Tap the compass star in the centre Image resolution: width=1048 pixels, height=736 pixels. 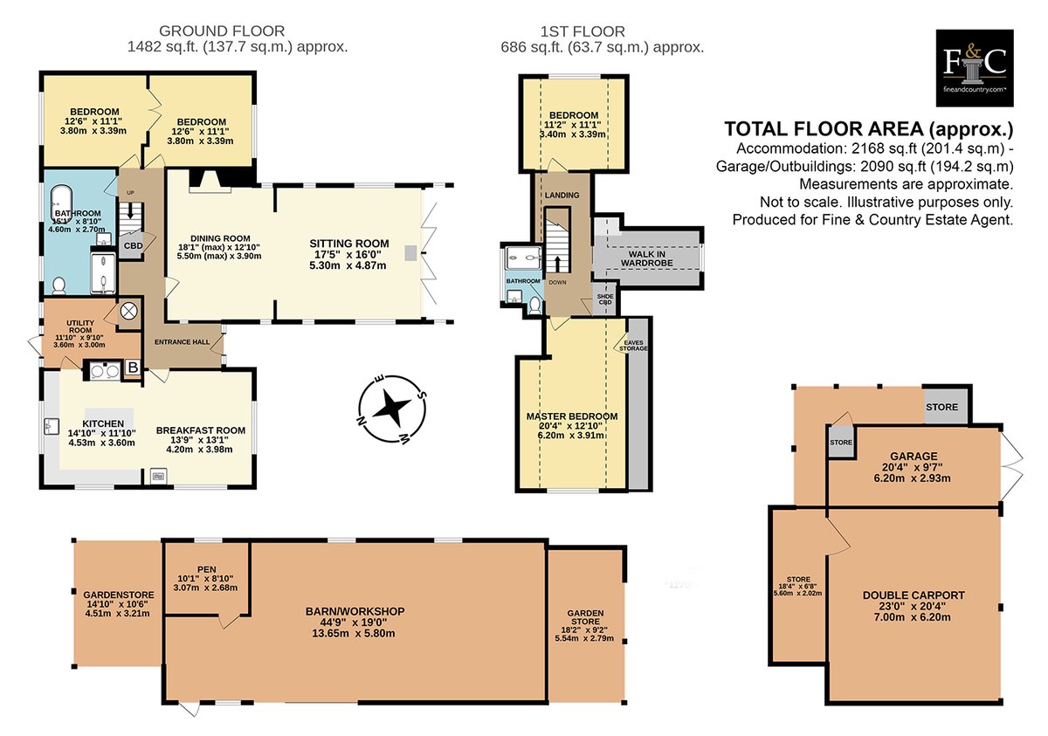point(392,409)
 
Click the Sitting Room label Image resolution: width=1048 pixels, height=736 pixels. point(349,244)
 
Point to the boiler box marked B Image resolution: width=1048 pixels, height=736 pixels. point(134,367)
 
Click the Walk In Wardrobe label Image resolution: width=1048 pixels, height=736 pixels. point(647,258)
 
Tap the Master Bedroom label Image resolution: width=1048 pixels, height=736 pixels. point(572,416)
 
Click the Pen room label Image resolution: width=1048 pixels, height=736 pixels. point(207,569)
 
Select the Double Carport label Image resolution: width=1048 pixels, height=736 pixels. point(914,595)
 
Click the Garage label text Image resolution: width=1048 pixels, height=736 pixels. point(914,456)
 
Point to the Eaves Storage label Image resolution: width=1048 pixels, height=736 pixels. point(633,346)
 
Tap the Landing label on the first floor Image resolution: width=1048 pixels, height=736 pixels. point(562,195)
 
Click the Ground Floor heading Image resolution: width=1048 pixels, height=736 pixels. point(222,31)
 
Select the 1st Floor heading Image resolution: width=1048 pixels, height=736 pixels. point(583,31)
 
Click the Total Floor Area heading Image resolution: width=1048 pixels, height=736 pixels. point(869,129)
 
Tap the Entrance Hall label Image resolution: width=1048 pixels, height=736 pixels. point(182,342)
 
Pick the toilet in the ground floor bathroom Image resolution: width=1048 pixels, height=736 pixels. point(59,285)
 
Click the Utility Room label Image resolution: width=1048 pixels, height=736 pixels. point(80,327)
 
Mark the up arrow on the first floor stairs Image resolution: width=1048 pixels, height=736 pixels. point(557,264)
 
